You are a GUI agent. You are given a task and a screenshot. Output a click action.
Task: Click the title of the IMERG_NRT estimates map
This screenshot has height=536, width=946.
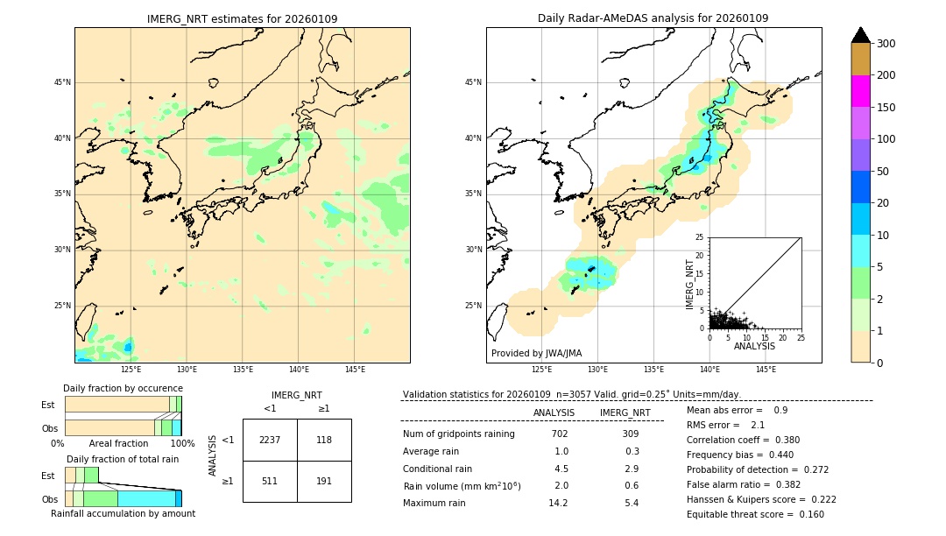pos(242,18)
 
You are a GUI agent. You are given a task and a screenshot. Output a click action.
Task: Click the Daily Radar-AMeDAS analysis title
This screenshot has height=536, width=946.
pos(653,18)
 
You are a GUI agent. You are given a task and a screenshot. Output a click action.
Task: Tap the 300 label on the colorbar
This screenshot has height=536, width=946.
pos(886,44)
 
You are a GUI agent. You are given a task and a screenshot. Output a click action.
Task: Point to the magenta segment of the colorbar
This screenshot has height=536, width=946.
pos(861,91)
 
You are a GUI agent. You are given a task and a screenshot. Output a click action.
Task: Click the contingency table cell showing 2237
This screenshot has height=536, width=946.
pos(270,440)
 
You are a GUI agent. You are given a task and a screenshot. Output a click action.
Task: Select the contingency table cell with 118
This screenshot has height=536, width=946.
pos(324,440)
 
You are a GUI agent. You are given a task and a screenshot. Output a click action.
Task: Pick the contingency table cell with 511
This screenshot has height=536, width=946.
pos(270,481)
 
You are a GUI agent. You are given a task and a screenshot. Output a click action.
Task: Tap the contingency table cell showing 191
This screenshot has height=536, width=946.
pos(324,481)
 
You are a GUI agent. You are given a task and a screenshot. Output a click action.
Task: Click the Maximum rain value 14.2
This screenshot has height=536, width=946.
pos(558,503)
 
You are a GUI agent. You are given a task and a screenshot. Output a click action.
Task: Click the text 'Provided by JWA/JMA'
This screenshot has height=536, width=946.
pos(536,353)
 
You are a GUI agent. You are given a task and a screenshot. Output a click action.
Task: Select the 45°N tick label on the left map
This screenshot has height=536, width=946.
pos(61,82)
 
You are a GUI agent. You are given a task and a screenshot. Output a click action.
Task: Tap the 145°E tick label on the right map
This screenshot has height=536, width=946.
pos(766,370)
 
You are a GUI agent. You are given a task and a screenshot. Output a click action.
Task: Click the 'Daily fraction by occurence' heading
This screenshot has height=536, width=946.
pos(123,388)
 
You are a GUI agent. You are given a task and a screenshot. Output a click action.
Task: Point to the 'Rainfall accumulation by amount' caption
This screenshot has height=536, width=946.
pos(123,513)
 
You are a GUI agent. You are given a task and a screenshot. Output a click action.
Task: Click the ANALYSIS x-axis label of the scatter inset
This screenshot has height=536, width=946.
pos(754,346)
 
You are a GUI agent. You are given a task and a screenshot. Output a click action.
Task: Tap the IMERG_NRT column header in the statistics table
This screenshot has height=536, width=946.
pos(625,413)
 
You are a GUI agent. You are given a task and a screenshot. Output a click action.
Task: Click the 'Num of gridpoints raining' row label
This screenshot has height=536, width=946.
pos(459,434)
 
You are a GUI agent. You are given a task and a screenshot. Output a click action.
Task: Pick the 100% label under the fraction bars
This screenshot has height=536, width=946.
pos(182,443)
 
